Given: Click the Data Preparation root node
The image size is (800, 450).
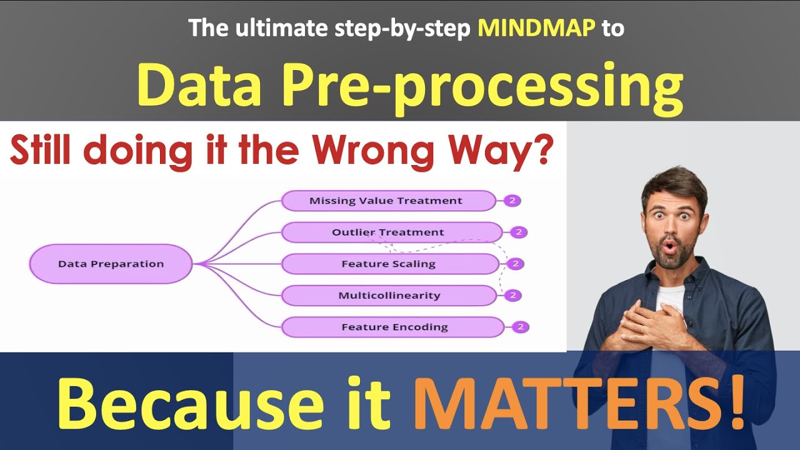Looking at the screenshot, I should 111,264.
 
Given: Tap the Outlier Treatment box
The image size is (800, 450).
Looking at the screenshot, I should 391,232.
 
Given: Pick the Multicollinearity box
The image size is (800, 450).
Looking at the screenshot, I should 389,296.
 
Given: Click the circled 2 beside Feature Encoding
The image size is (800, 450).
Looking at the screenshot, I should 520,327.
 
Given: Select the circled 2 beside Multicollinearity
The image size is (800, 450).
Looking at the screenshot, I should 513,295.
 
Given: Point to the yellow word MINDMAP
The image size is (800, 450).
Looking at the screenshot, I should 536,28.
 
